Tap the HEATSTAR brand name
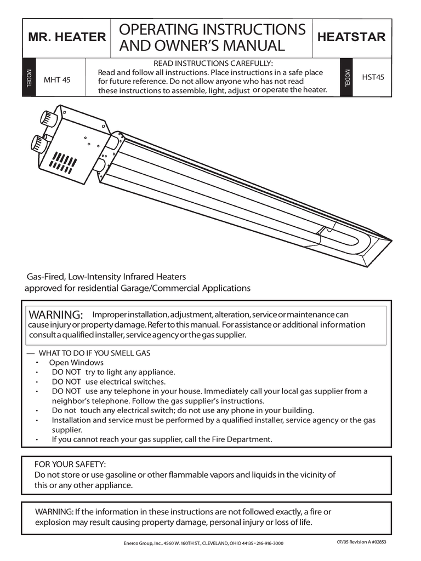coord(351,37)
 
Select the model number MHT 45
coord(57,79)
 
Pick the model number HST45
coord(373,77)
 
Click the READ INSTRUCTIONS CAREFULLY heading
coord(213,64)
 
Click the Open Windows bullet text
coord(76,362)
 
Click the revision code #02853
coord(377,542)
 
